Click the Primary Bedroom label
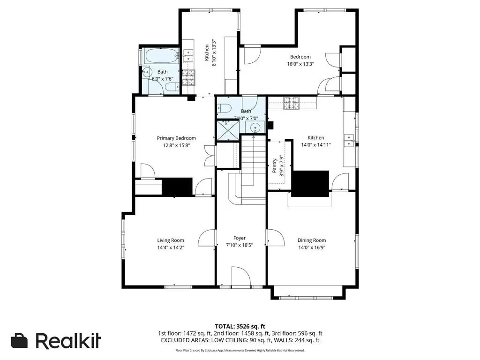(176, 138)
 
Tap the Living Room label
(171, 240)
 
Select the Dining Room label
(312, 240)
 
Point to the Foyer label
(240, 238)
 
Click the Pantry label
(275, 165)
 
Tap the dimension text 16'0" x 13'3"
(300, 64)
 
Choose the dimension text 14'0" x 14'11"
(316, 145)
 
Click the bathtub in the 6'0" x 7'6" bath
(162, 56)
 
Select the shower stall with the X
(228, 130)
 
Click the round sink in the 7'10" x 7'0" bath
(255, 127)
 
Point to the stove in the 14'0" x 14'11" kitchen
(291, 103)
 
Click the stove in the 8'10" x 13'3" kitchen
(188, 77)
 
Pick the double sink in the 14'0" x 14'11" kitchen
(349, 140)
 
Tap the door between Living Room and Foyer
(207, 238)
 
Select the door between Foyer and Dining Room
(275, 238)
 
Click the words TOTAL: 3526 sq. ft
(240, 326)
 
